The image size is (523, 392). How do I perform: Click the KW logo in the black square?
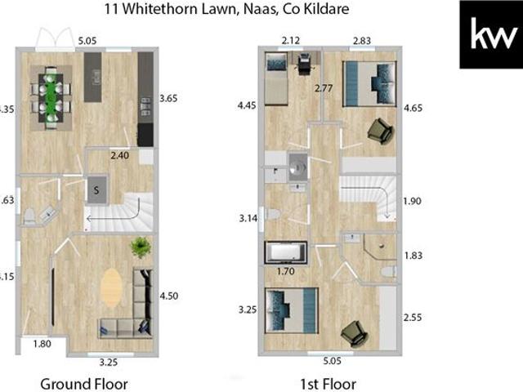coord(490,35)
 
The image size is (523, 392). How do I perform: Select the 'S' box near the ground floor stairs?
coord(97,190)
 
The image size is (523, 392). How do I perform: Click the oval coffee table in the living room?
coord(112,287)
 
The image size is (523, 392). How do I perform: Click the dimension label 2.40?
coord(121,154)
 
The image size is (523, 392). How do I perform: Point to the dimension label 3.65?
coord(168,98)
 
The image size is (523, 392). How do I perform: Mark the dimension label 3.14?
coord(248,218)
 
